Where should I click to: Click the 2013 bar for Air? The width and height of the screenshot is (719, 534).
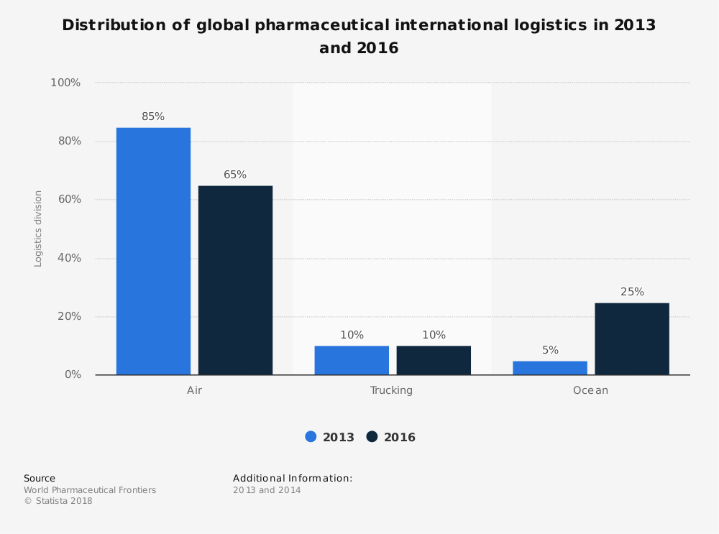pos(153,251)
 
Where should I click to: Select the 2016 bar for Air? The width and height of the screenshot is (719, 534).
pos(235,280)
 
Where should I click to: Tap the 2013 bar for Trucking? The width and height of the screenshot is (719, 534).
pos(352,360)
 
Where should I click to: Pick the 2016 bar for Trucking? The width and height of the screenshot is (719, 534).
pos(434,360)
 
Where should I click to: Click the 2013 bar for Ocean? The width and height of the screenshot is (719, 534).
pos(550,367)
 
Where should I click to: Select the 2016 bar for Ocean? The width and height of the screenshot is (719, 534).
pos(632,339)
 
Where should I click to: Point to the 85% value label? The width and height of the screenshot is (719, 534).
pos(153,116)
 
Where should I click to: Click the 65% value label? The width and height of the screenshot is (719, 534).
pos(235,175)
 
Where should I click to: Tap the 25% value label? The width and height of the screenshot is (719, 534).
pos(632,292)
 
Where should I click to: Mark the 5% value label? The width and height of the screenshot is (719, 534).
pos(550,350)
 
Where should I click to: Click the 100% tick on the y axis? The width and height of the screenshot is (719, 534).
pos(65,83)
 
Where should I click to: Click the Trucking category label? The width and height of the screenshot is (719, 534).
pos(391,390)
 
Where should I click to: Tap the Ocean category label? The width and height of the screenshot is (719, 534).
pos(590,390)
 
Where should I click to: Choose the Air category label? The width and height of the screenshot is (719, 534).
pos(194,390)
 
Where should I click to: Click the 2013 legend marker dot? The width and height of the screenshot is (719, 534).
pos(311,436)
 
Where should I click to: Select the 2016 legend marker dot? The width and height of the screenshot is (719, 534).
pos(372,436)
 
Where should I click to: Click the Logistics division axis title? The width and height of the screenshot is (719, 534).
pos(39,229)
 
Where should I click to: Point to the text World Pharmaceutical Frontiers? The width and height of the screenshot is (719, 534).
pos(90,490)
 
